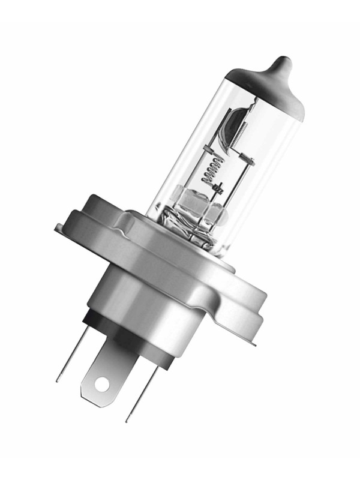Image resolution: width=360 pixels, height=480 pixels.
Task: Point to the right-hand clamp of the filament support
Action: tap(248, 161)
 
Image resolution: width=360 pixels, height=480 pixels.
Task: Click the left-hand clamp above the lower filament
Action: tap(207, 148)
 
